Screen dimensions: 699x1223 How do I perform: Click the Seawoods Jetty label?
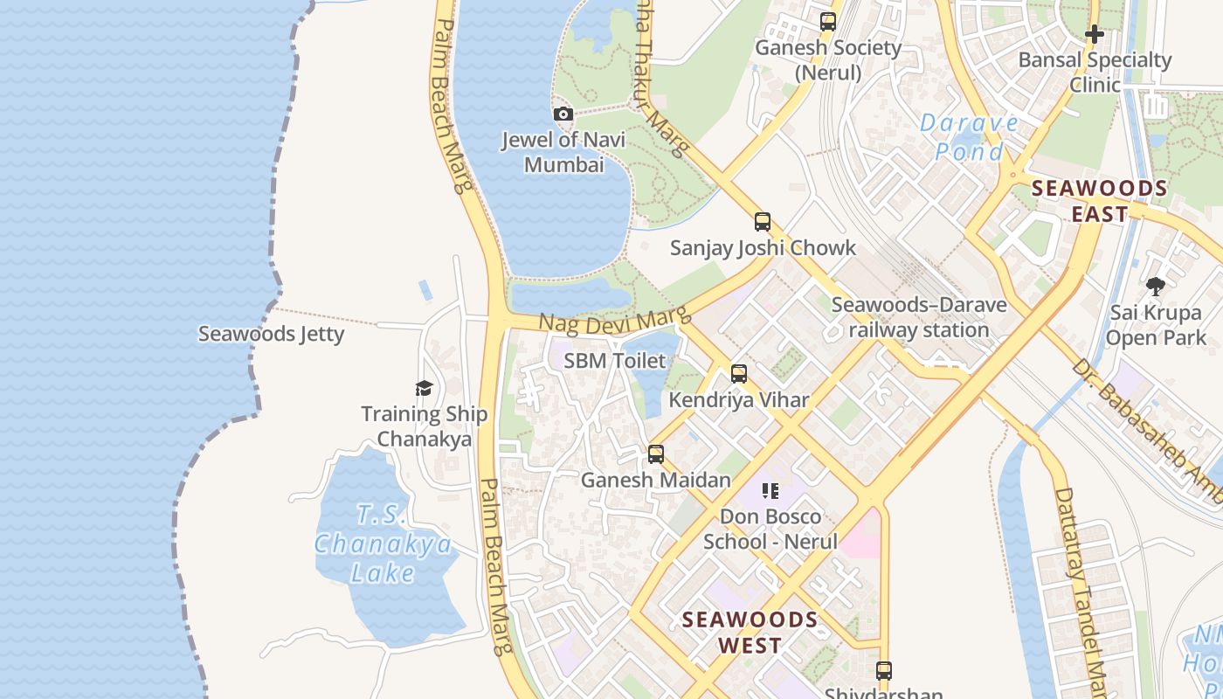tap(271, 334)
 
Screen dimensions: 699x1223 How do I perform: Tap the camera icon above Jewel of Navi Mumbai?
tap(563, 114)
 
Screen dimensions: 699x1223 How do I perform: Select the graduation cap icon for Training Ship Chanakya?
tap(424, 388)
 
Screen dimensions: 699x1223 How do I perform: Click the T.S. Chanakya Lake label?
tap(383, 543)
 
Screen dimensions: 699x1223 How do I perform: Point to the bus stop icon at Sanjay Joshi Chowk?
tap(763, 222)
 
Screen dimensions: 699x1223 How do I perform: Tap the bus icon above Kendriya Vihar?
tap(739, 374)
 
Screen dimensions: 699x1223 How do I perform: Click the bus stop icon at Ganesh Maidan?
tap(656, 454)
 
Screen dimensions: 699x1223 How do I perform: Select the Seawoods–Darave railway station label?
tap(918, 317)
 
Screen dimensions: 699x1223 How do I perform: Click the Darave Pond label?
tap(970, 137)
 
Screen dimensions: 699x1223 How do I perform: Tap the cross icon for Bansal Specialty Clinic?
tap(1095, 34)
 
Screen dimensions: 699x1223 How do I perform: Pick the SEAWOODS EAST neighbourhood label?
tap(1099, 200)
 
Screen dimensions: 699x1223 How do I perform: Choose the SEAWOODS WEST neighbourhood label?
tap(750, 633)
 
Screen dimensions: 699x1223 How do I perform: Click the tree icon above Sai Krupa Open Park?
tap(1156, 286)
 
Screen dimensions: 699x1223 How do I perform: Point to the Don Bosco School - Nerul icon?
tap(770, 491)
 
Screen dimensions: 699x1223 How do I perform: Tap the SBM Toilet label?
tap(614, 360)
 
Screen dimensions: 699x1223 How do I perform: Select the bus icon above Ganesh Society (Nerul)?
tap(827, 22)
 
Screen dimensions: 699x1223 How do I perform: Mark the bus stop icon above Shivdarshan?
tap(884, 671)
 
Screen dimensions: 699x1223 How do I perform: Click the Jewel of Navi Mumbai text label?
tap(563, 152)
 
